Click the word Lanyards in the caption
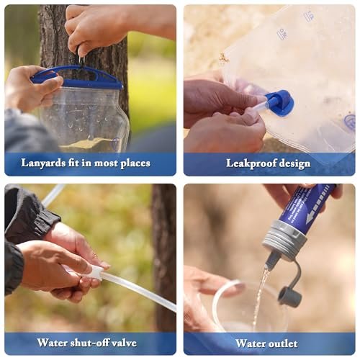43,163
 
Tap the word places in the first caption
135,163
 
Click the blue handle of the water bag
77,76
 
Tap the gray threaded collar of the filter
284,241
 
